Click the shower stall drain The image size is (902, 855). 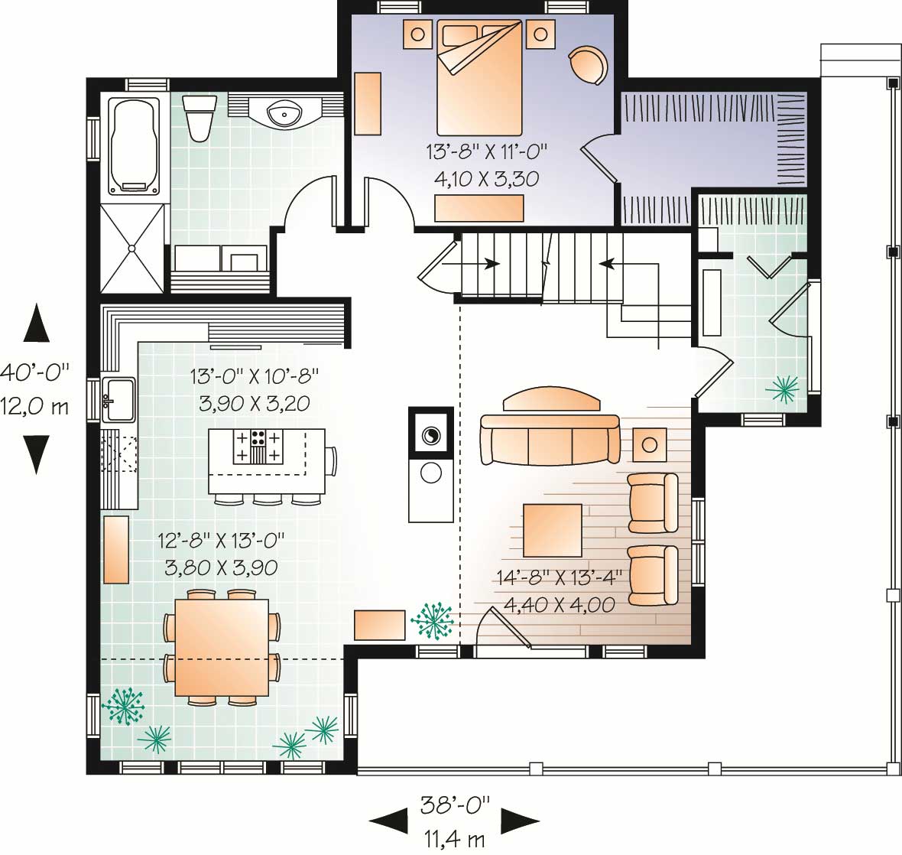coord(131,248)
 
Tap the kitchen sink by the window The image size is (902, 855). coord(118,398)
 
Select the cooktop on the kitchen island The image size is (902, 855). coord(258,446)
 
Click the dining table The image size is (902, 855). coord(222,647)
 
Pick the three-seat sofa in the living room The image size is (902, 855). coord(550,441)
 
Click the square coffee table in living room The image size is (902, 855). coord(553,529)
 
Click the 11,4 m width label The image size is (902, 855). coord(454,839)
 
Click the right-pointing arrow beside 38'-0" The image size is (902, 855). coord(520,821)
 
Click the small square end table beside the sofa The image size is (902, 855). coord(649,444)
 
